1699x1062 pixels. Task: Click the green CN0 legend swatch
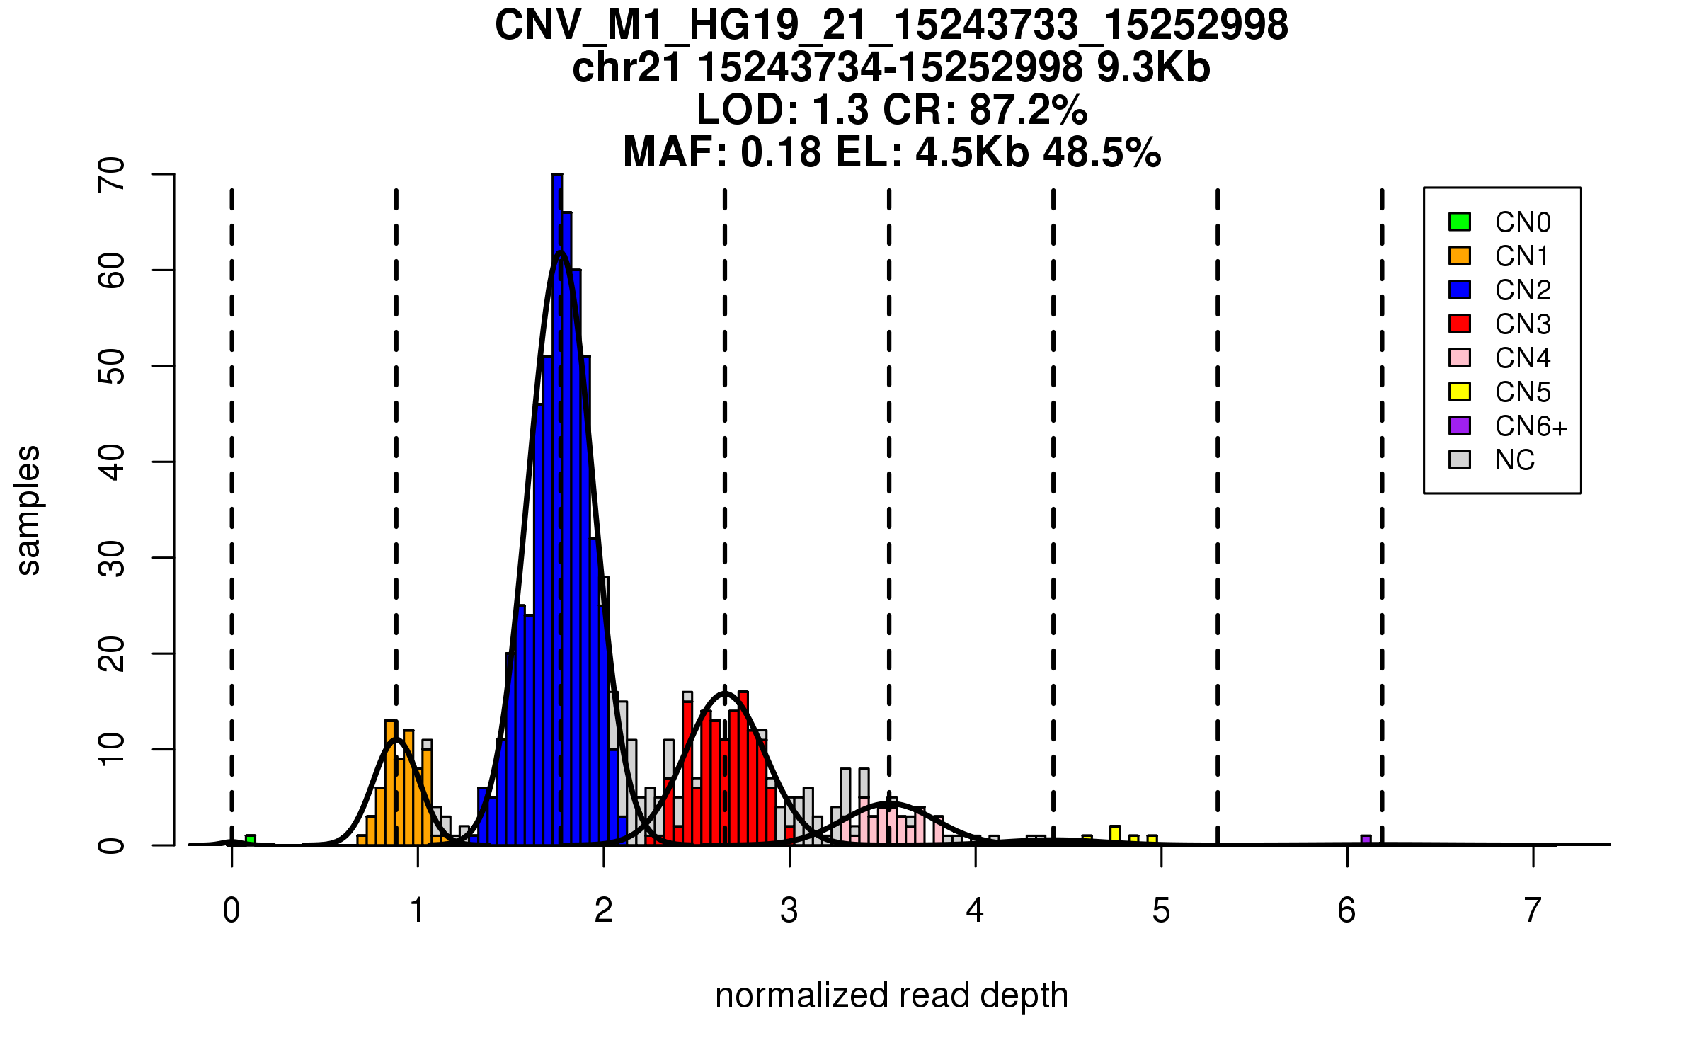[1460, 222]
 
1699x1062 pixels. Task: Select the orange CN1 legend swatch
[1460, 256]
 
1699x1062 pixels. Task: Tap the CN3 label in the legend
[1523, 324]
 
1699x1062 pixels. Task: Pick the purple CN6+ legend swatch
[1460, 426]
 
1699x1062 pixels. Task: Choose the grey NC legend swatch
[1460, 459]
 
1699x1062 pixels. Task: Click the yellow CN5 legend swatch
[1460, 392]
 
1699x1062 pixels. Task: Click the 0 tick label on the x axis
[231, 910]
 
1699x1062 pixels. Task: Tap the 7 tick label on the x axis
[1533, 910]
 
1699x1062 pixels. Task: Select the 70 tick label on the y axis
[113, 174]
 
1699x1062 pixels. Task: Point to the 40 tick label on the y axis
[113, 462]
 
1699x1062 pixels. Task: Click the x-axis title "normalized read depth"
[891, 995]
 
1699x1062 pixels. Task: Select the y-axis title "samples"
[28, 510]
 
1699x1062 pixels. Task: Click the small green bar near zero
[251, 840]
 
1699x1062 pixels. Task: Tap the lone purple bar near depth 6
[1366, 840]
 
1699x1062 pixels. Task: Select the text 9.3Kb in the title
[1153, 68]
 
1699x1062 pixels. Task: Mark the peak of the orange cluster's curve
[396, 739]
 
